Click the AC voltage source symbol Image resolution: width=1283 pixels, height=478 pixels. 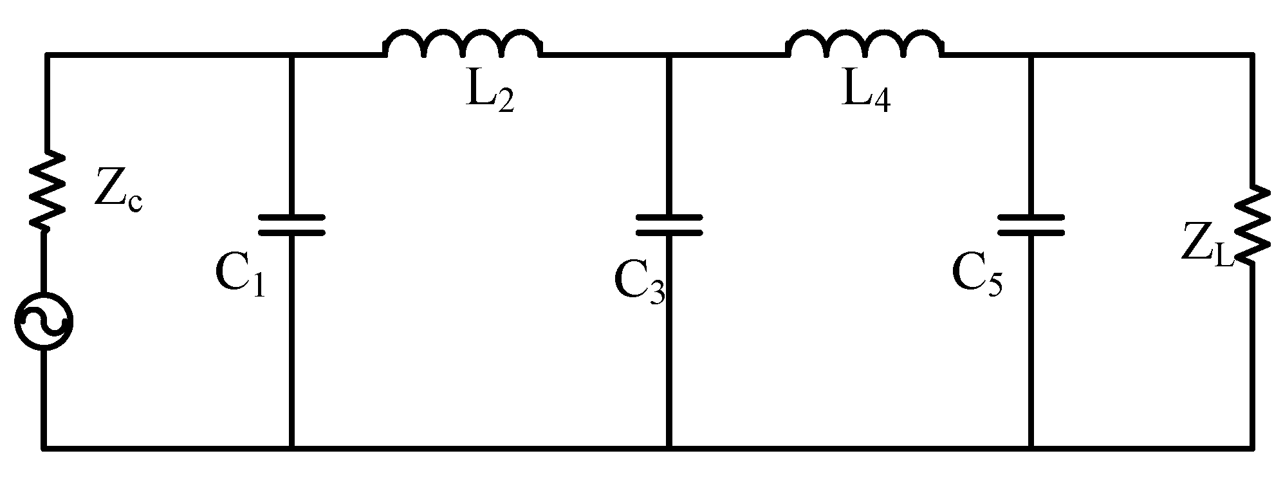click(x=44, y=322)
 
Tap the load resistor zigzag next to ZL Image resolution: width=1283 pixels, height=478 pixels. click(x=1251, y=225)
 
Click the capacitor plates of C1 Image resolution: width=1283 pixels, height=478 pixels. click(x=291, y=225)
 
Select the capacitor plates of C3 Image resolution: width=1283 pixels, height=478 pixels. click(x=669, y=225)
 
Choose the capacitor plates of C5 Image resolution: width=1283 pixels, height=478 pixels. click(x=1031, y=225)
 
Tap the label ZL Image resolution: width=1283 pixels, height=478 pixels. click(x=1207, y=251)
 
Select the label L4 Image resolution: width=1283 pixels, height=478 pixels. click(x=865, y=95)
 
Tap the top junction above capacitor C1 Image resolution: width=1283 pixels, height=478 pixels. click(x=291, y=57)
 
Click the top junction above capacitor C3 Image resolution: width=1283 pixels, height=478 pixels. click(x=669, y=57)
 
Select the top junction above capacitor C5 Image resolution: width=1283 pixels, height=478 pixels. click(x=1031, y=57)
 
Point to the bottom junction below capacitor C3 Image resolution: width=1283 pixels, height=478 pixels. click(x=669, y=446)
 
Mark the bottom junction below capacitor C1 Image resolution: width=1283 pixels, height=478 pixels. click(x=291, y=446)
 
